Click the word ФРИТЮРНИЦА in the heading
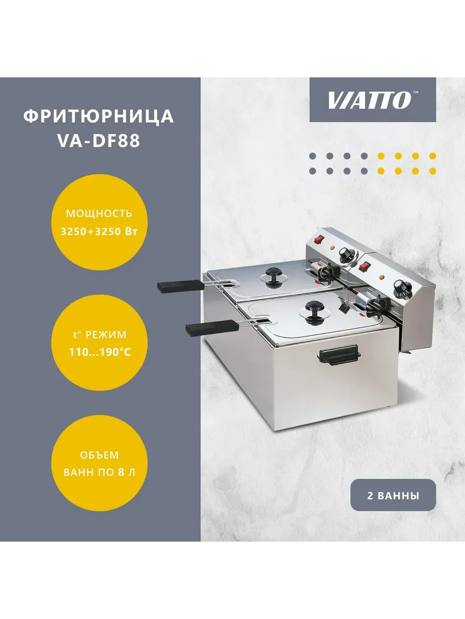(x=99, y=117)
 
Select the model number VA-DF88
(x=99, y=141)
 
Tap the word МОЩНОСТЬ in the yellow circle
(x=99, y=214)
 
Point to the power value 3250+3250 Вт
(x=99, y=232)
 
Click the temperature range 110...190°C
(x=100, y=352)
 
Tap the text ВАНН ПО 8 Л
(x=99, y=472)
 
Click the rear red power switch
(x=319, y=239)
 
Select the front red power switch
(x=365, y=266)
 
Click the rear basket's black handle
(x=181, y=286)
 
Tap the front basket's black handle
(x=212, y=328)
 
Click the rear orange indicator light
(x=332, y=248)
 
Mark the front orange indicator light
(x=382, y=277)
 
